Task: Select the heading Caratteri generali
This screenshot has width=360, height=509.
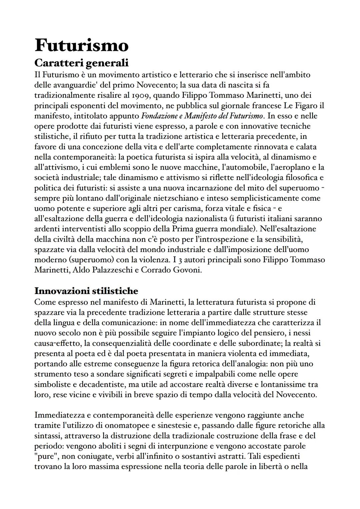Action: (x=81, y=62)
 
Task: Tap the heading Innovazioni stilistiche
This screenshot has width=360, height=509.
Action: (x=86, y=291)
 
